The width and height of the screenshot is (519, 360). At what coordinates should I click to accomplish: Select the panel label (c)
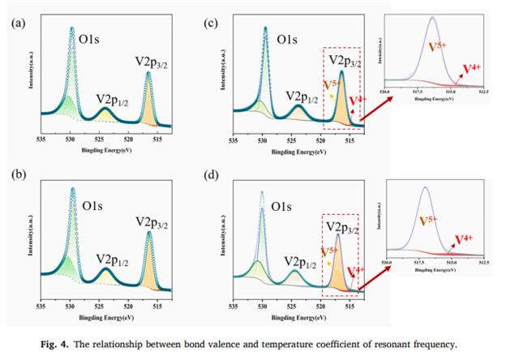pyautogui.click(x=212, y=24)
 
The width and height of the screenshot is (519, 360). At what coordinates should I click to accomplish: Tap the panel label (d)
pyautogui.click(x=212, y=174)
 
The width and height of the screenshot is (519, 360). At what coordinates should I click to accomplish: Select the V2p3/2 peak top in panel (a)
pyautogui.click(x=148, y=74)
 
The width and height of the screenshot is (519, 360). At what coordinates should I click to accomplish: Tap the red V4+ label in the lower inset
pyautogui.click(x=464, y=239)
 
